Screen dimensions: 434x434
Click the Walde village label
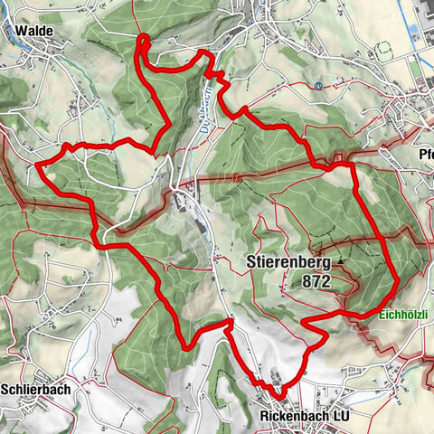(x=34, y=31)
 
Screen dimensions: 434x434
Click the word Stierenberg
(x=290, y=263)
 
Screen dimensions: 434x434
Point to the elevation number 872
(x=317, y=282)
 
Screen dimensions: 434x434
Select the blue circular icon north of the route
(x=319, y=86)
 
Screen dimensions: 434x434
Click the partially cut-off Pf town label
(x=425, y=153)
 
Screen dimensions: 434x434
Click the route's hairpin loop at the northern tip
(x=142, y=38)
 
